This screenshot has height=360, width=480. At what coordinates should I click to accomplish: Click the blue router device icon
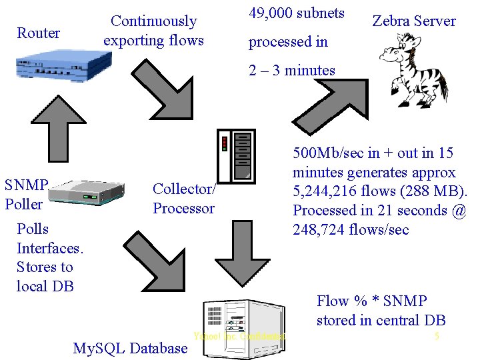point(63,67)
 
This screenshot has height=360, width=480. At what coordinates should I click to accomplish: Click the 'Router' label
point(38,33)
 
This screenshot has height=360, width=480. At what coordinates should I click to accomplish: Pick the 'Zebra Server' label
point(413,21)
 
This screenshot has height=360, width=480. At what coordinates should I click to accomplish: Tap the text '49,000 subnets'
point(296,13)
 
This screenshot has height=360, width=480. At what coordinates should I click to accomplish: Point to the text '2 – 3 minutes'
point(292,71)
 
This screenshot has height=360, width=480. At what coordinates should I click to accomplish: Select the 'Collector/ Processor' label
point(183,199)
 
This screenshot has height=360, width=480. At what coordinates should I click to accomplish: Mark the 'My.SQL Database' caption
point(129,348)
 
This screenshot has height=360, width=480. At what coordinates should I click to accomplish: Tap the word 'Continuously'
point(153,21)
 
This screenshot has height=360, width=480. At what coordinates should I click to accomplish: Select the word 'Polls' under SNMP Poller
point(33,229)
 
